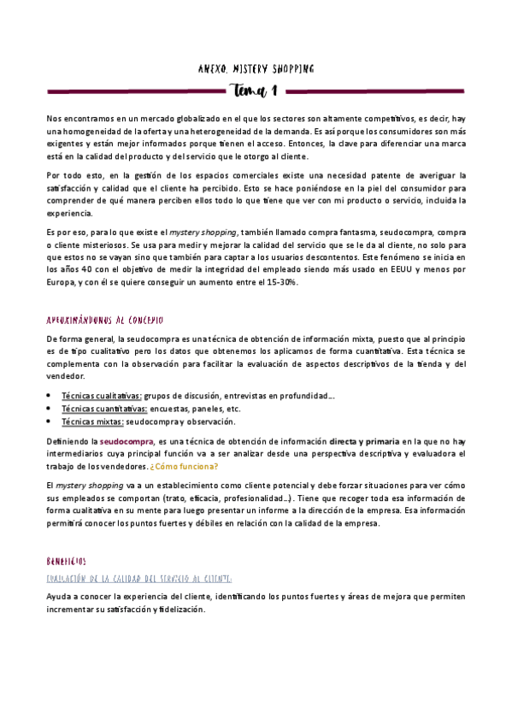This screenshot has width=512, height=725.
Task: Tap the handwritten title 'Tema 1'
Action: click(x=256, y=89)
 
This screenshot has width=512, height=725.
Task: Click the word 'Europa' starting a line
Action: click(x=62, y=281)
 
